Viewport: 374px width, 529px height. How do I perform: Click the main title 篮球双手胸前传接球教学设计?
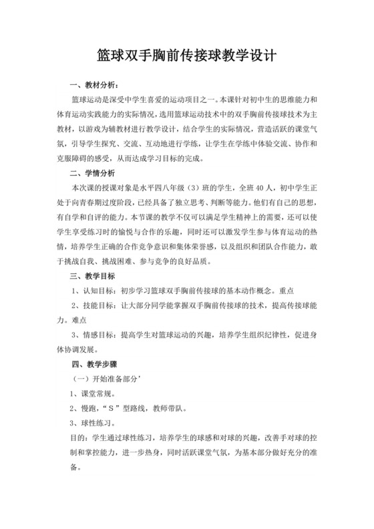[187, 54]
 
